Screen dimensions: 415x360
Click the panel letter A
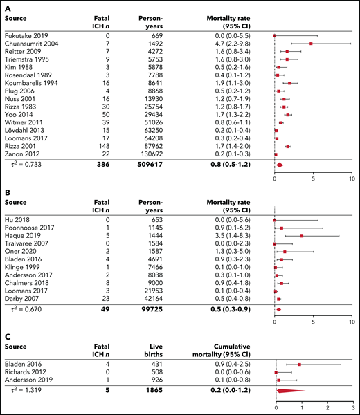coord(7,5)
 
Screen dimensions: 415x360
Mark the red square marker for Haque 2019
coord(302,237)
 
